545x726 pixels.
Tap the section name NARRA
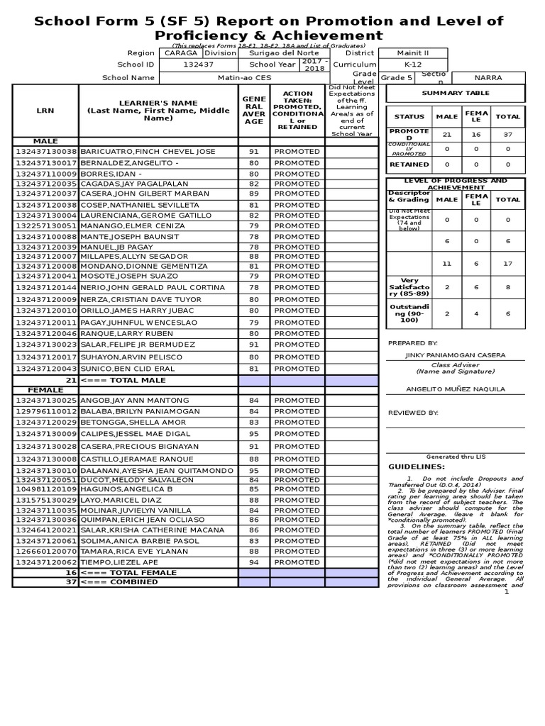[x=488, y=78]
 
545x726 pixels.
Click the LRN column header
[x=45, y=110]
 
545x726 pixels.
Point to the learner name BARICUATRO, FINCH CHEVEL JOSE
[x=148, y=152]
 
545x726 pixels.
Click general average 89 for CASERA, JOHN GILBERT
[x=253, y=194]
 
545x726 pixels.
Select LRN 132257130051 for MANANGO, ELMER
[x=45, y=226]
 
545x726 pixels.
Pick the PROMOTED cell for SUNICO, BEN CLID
[x=297, y=369]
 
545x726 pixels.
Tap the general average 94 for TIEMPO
[x=253, y=562]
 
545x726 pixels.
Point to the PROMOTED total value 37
[x=507, y=134]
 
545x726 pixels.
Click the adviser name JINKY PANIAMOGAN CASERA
[x=455, y=354]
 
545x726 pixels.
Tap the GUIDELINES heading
[x=417, y=467]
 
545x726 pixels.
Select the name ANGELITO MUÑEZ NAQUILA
[x=455, y=389]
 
